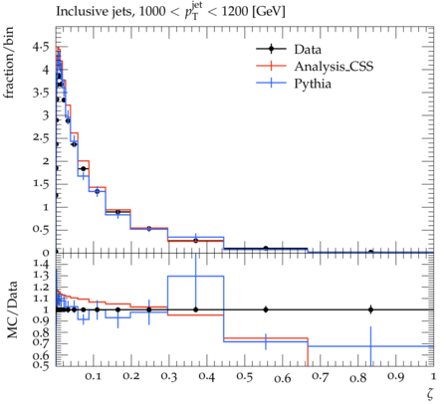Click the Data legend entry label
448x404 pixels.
(308, 50)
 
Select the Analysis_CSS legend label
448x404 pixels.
(334, 67)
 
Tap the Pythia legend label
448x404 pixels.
(313, 84)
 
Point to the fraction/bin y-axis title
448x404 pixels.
(9, 63)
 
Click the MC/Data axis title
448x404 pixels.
(12, 309)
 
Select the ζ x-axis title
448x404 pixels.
(430, 393)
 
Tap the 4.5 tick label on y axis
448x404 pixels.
(41, 47)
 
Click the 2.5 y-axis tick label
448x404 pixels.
(41, 138)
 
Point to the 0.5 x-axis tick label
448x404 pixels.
(245, 376)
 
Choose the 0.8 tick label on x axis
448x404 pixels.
(358, 378)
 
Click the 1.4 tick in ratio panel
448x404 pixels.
(41, 264)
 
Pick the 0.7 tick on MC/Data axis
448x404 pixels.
(41, 342)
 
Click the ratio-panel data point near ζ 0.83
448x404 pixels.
(370, 309)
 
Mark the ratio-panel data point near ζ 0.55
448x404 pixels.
(266, 309)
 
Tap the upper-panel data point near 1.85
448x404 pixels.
(84, 169)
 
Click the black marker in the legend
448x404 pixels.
(271, 49)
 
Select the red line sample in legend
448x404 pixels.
(271, 66)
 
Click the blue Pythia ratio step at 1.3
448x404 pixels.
(196, 276)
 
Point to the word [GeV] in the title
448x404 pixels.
(268, 12)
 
